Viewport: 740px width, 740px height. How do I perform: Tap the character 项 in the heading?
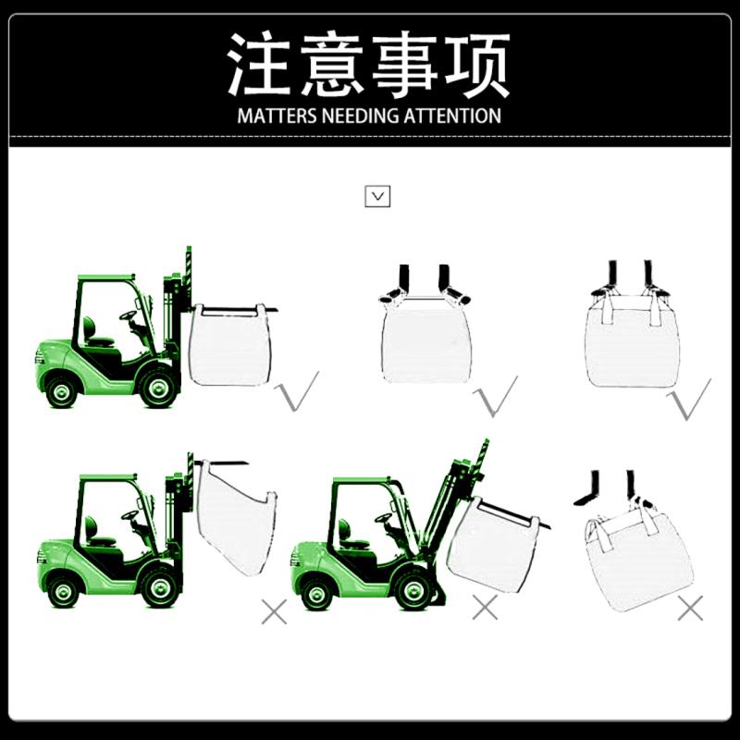[477, 64]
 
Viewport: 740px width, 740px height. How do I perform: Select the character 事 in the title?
[405, 64]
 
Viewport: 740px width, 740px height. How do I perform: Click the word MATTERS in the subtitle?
[277, 116]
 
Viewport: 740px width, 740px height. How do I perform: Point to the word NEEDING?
[360, 116]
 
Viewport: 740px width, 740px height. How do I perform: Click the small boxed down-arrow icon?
[377, 196]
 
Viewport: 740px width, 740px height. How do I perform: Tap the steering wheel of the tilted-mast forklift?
[383, 518]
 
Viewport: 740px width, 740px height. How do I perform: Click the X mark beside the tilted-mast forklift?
[485, 607]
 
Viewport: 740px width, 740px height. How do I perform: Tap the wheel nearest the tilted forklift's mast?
[413, 589]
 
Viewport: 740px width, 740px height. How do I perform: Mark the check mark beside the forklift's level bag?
[297, 391]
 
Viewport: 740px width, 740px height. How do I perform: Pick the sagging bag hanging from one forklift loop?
[236, 517]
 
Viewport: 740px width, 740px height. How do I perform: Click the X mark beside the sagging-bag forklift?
[274, 611]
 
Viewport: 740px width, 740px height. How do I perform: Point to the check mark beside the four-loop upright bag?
[689, 400]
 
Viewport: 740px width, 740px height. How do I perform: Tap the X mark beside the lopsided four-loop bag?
[690, 608]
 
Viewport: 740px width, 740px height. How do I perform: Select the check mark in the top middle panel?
[496, 397]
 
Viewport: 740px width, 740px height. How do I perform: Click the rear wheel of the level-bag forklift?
[61, 391]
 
